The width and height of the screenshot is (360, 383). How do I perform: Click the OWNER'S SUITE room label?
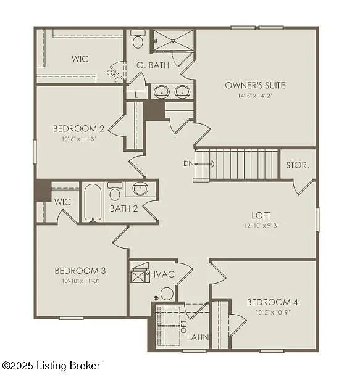click(x=255, y=85)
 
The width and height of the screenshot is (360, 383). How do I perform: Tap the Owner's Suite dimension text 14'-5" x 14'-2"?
click(x=255, y=96)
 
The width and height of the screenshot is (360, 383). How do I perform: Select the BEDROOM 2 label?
click(x=78, y=129)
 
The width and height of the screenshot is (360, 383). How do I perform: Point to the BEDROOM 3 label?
click(x=80, y=271)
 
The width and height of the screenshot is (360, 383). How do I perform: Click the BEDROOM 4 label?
click(x=272, y=302)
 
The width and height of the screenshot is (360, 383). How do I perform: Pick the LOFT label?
click(x=261, y=215)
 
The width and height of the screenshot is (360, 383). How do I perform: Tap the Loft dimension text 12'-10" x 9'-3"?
click(x=261, y=226)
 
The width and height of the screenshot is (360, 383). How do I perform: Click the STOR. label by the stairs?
click(x=298, y=166)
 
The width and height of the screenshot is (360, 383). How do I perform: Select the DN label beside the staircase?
click(x=188, y=163)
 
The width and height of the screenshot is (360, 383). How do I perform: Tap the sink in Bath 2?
click(x=141, y=189)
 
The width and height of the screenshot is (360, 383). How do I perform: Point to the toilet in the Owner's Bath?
click(x=138, y=41)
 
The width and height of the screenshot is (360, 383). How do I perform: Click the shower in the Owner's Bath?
click(x=173, y=41)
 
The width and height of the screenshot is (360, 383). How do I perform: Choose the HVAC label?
click(x=162, y=273)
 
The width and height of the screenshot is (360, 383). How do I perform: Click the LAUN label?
click(x=198, y=338)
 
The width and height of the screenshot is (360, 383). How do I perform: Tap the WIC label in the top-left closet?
click(x=80, y=59)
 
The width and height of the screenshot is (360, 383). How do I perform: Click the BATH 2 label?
click(x=123, y=208)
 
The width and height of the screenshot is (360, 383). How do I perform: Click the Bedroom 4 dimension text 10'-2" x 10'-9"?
click(x=272, y=312)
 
